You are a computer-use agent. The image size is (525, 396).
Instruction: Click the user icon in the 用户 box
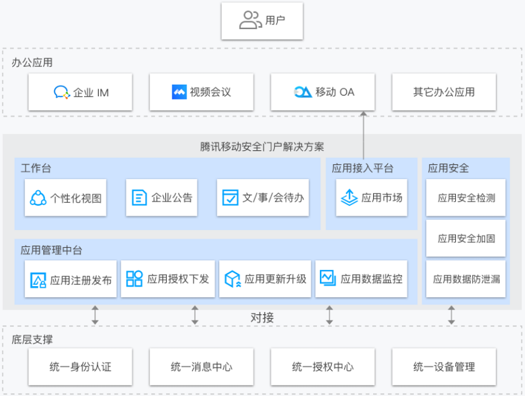tap(250, 20)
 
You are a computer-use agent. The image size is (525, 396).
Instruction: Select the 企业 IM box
tap(80, 92)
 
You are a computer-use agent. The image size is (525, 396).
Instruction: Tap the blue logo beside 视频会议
tap(179, 92)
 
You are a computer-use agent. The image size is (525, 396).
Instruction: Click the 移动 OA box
tap(323, 92)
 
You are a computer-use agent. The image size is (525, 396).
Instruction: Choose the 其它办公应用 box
tap(444, 92)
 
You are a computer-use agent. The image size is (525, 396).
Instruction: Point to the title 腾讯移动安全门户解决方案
tap(262, 147)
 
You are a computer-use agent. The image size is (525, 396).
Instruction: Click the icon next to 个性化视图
tap(38, 198)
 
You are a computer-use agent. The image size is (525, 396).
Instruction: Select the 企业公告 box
tap(162, 198)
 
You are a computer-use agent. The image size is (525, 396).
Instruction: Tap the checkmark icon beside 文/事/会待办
tap(230, 198)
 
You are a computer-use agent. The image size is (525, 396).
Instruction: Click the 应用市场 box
tap(372, 198)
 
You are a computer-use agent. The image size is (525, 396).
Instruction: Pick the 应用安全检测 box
tap(466, 198)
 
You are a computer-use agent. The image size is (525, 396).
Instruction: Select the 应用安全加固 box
tap(466, 238)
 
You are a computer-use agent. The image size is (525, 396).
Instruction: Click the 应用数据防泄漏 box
tap(466, 279)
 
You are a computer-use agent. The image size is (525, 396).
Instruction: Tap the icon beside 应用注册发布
tap(38, 280)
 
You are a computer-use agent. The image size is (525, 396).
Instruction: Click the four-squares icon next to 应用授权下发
tap(134, 279)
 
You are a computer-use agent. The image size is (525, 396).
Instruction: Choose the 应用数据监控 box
tap(361, 279)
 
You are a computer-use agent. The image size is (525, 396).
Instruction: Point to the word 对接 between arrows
tap(262, 318)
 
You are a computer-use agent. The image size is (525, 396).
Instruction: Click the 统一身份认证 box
tap(80, 367)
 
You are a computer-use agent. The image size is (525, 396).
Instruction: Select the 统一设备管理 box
tap(444, 367)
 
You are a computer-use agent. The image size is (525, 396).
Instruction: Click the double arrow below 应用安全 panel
tap(451, 315)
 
